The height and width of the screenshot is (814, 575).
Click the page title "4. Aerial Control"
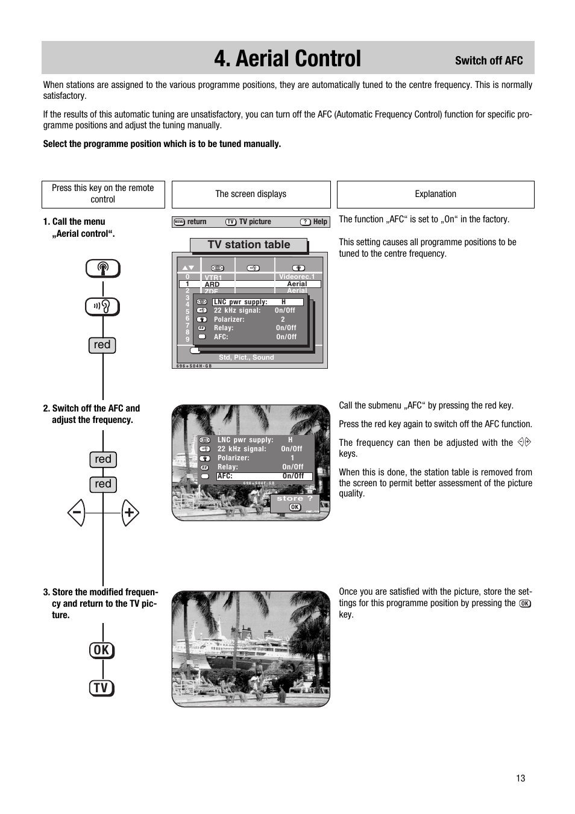tap(287, 58)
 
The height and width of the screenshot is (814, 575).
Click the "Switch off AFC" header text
tap(488, 60)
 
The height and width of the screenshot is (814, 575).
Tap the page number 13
tap(520, 778)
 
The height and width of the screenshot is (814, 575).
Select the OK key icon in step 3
tap(101, 650)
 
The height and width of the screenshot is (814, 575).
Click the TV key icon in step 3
tap(101, 688)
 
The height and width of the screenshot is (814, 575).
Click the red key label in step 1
tap(102, 345)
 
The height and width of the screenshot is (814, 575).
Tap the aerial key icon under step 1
tap(102, 269)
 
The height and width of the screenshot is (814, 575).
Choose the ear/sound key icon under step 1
tap(102, 307)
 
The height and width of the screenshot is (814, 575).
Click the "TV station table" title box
tap(248, 245)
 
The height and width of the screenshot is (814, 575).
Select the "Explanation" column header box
tap(435, 194)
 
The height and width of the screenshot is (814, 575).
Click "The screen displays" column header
tap(251, 194)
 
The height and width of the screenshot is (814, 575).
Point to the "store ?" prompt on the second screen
tap(294, 499)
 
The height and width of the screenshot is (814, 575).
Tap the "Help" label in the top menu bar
tap(319, 222)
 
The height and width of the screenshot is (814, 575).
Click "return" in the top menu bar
tap(196, 222)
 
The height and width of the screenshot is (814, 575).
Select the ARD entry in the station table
tap(212, 284)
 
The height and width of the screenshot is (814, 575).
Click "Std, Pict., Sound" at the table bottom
tap(246, 357)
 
